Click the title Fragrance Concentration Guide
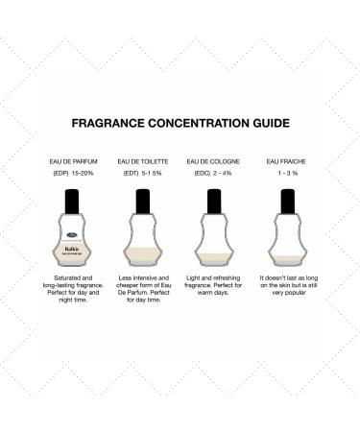coord(180,124)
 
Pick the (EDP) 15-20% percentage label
coord(77,174)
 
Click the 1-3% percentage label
coord(283,174)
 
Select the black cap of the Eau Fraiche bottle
coord(285,202)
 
